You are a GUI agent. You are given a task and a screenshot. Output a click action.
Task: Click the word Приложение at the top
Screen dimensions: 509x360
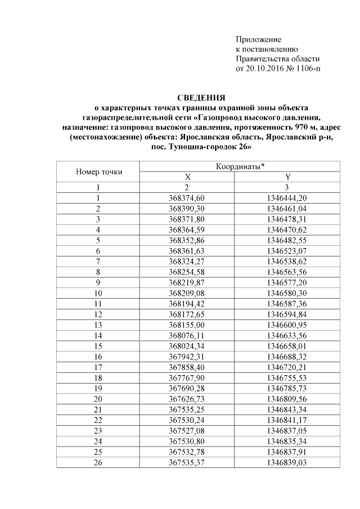coord(258,39)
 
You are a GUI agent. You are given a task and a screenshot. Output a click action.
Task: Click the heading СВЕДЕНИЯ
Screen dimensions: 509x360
coord(201,98)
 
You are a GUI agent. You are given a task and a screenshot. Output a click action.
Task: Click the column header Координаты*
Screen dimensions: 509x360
coord(240,166)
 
